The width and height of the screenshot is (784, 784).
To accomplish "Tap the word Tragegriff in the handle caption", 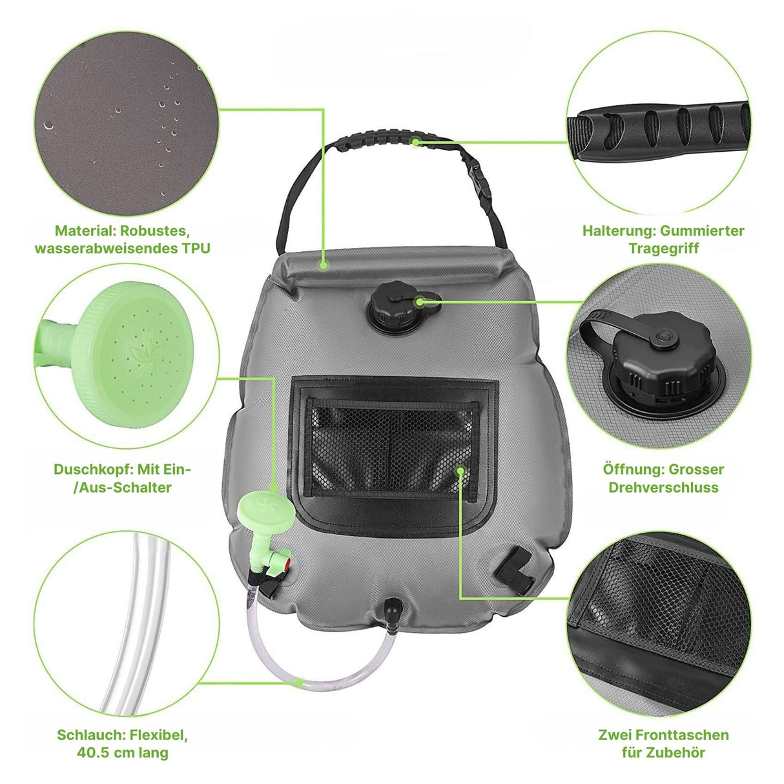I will point(663,248).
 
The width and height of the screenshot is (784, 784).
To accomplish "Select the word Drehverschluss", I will point(663,487).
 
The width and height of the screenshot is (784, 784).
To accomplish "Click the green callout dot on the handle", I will point(417,141).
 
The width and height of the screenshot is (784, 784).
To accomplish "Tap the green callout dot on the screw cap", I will point(420,301).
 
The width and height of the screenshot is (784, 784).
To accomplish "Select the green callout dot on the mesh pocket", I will point(460,471).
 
